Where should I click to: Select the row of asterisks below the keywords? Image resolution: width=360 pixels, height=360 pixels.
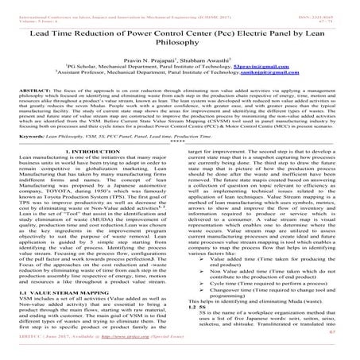[180, 167]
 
